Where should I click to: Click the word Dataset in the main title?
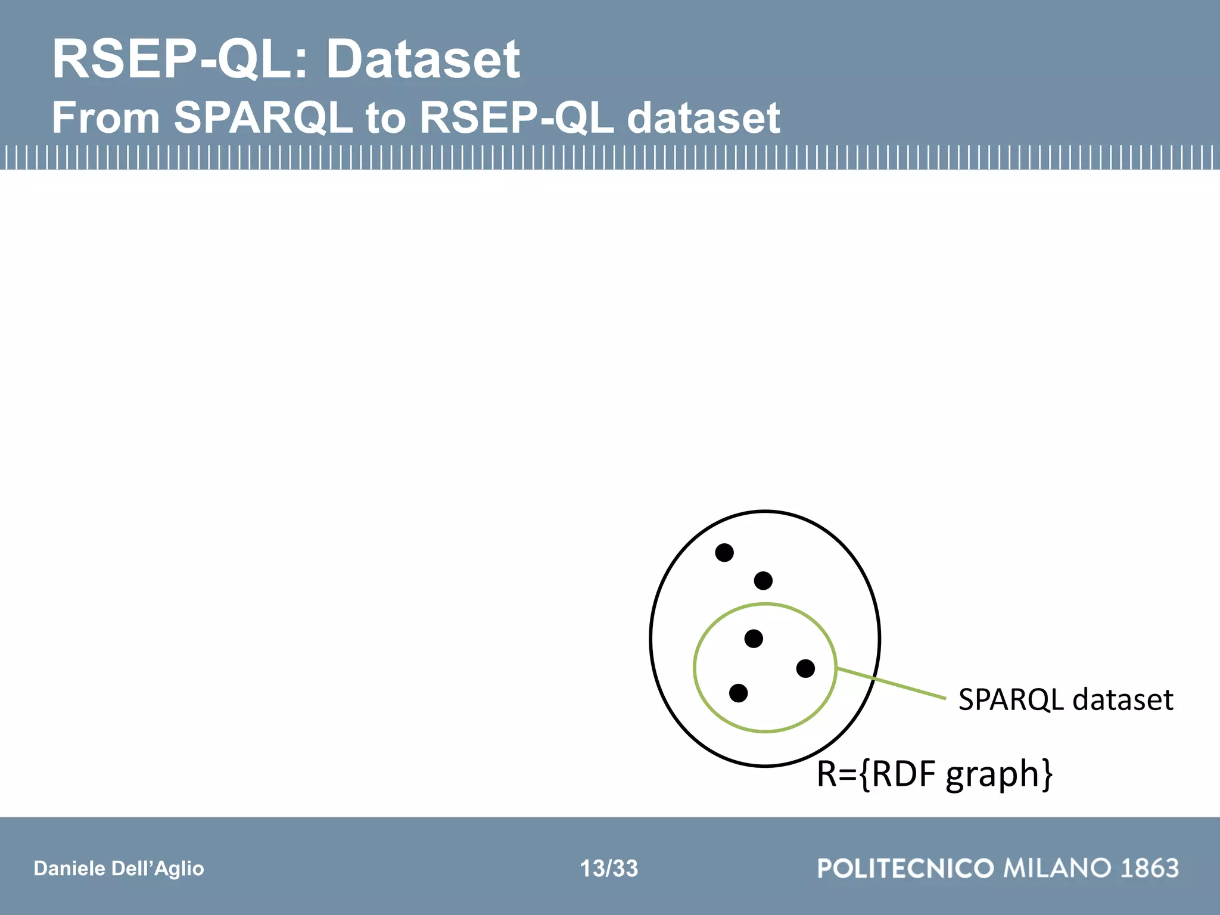[423, 60]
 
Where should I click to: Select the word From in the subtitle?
[106, 118]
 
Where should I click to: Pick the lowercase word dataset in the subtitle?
[704, 118]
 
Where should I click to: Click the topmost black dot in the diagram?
[724, 553]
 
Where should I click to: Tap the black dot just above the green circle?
[763, 581]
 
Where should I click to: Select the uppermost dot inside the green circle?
[754, 639]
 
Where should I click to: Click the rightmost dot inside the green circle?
[805, 668]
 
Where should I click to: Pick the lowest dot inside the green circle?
[738, 693]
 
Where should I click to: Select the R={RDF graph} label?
[934, 774]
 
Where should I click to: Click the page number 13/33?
[609, 869]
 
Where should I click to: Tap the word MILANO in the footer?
[1058, 868]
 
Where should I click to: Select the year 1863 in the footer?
[1150, 868]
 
